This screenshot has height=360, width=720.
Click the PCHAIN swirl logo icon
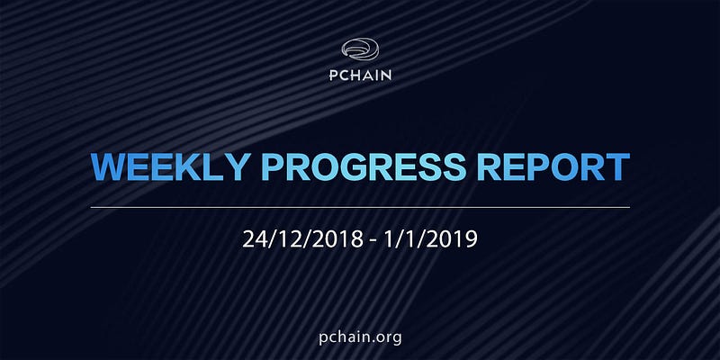click(x=360, y=49)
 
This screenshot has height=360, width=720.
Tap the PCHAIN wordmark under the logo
click(x=361, y=75)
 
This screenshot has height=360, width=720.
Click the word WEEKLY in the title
click(x=171, y=166)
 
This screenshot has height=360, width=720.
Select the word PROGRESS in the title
click(x=364, y=166)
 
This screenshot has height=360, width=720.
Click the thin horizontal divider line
click(x=360, y=208)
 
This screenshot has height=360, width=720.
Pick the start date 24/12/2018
click(x=303, y=239)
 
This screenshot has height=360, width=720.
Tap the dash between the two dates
click(x=374, y=241)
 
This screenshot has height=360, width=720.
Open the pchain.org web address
click(x=361, y=338)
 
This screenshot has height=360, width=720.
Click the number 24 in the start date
click(x=255, y=239)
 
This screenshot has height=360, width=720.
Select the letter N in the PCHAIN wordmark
click(x=385, y=75)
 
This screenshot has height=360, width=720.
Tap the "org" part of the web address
click(x=389, y=339)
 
